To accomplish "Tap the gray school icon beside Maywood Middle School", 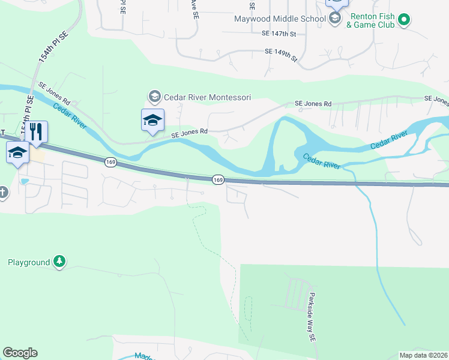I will coord(335,19).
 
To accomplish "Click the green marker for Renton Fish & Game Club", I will coord(405,20).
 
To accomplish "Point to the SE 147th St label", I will coord(279,35).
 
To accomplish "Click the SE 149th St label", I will coord(282,55).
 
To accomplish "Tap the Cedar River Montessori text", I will coord(208,97).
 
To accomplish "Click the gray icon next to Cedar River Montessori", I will coord(154,96).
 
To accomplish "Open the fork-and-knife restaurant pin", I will coord(37,133).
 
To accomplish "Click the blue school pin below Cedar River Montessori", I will coord(152,120).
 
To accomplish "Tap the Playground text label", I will coord(29,262).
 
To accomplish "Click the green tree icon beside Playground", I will coord(59,261).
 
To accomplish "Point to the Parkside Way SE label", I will coord(312,317).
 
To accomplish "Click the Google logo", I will coord(20,353).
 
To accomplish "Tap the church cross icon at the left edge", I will coord(2,193).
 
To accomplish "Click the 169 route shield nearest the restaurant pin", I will coord(110,161).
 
